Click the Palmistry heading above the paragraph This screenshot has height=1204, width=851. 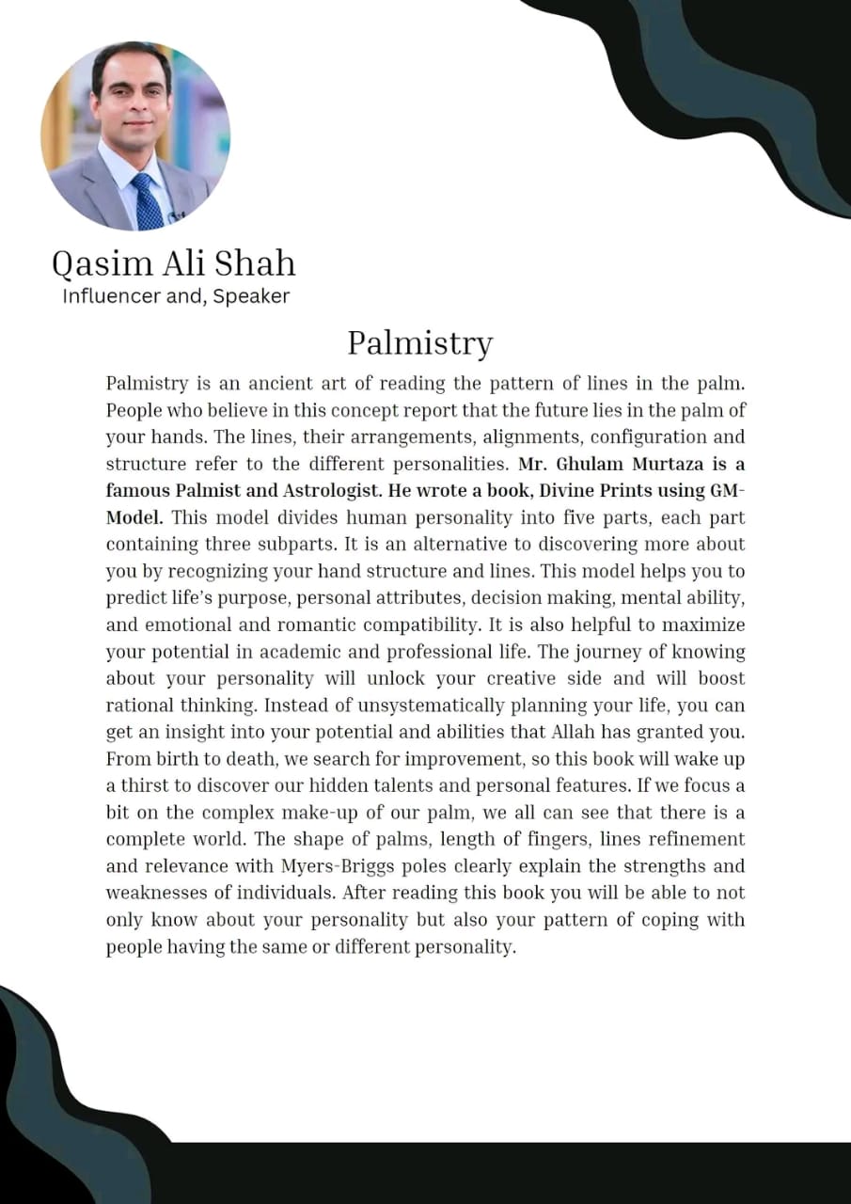point(419,342)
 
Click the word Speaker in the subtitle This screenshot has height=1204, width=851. point(251,296)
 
